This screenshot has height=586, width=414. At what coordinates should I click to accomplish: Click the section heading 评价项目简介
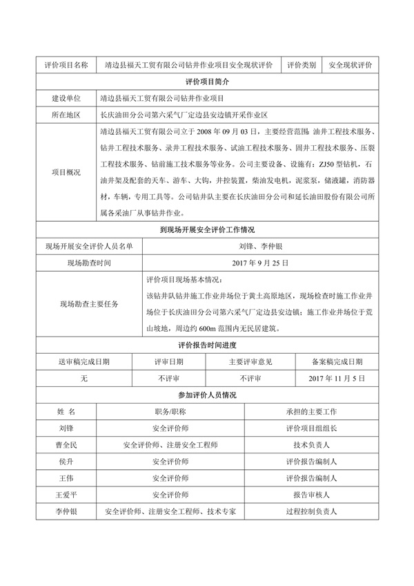(207, 82)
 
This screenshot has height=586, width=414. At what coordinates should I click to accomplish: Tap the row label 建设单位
(66, 98)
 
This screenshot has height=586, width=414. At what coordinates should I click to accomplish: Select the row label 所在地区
(66, 115)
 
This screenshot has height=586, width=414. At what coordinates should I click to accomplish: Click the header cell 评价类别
(301, 65)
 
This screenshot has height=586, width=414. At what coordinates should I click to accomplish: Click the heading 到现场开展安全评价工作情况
(207, 229)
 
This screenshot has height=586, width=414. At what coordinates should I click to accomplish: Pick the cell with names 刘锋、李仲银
(260, 246)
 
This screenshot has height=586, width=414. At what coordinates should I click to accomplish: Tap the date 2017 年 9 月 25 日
(260, 263)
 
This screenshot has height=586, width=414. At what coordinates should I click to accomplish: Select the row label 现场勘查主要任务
(89, 304)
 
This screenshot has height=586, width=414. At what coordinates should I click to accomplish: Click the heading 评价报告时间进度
(207, 345)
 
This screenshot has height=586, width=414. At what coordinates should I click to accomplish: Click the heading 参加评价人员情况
(207, 395)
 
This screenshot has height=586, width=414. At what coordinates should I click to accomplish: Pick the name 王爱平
(66, 495)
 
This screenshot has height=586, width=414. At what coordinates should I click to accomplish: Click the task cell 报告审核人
(310, 495)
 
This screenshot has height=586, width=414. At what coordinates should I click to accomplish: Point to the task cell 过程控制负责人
(310, 511)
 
